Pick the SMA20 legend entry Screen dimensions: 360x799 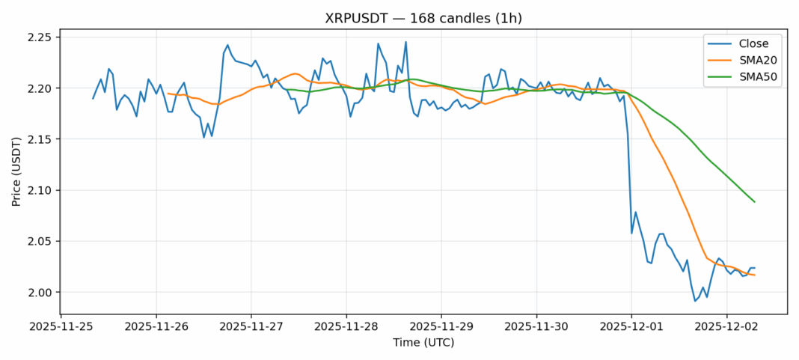pyautogui.click(x=749, y=61)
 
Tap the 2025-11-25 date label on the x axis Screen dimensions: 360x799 pyautogui.click(x=61, y=326)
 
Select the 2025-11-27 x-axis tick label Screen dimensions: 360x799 pyautogui.click(x=251, y=326)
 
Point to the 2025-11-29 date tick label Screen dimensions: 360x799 pyautogui.click(x=441, y=326)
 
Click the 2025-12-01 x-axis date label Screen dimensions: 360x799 pyautogui.click(x=631, y=326)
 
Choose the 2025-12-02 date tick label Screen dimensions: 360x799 pyautogui.click(x=726, y=326)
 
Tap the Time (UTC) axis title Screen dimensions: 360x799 pyautogui.click(x=423, y=343)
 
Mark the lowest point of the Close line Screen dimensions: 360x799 pyautogui.click(x=695, y=301)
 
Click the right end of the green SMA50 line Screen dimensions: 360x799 pyautogui.click(x=754, y=202)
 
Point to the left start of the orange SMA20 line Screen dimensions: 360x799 pyautogui.click(x=168, y=94)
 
